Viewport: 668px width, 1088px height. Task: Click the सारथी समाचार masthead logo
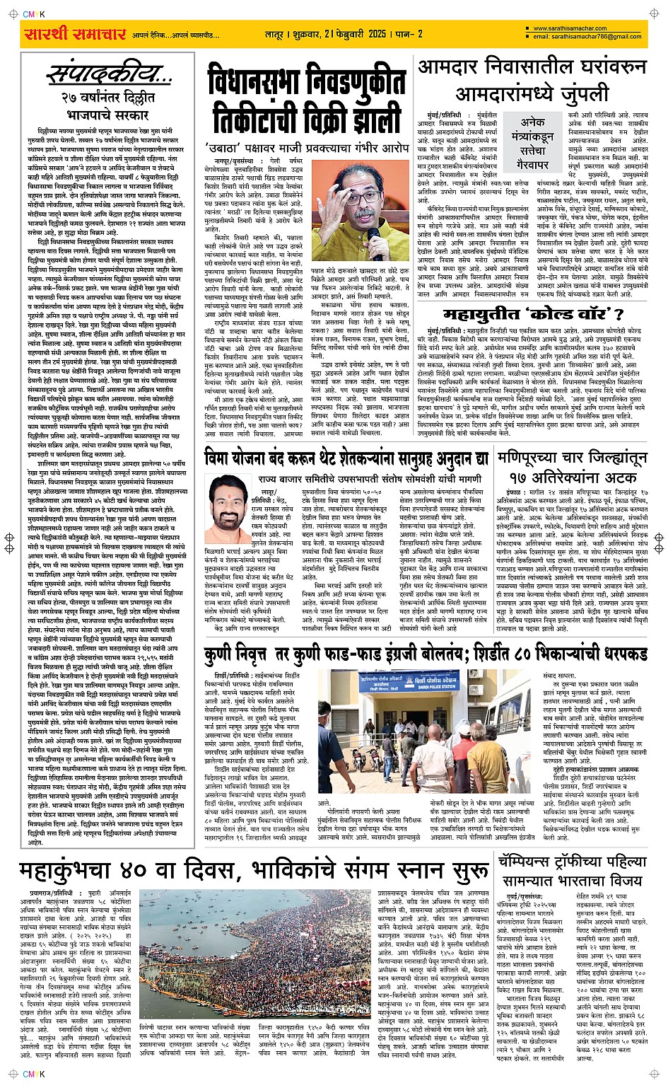75,34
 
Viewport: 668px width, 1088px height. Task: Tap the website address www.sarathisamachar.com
570,29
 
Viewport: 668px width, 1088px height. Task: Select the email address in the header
587,37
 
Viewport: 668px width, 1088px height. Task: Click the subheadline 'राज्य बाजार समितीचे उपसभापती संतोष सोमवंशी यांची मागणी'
368,479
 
